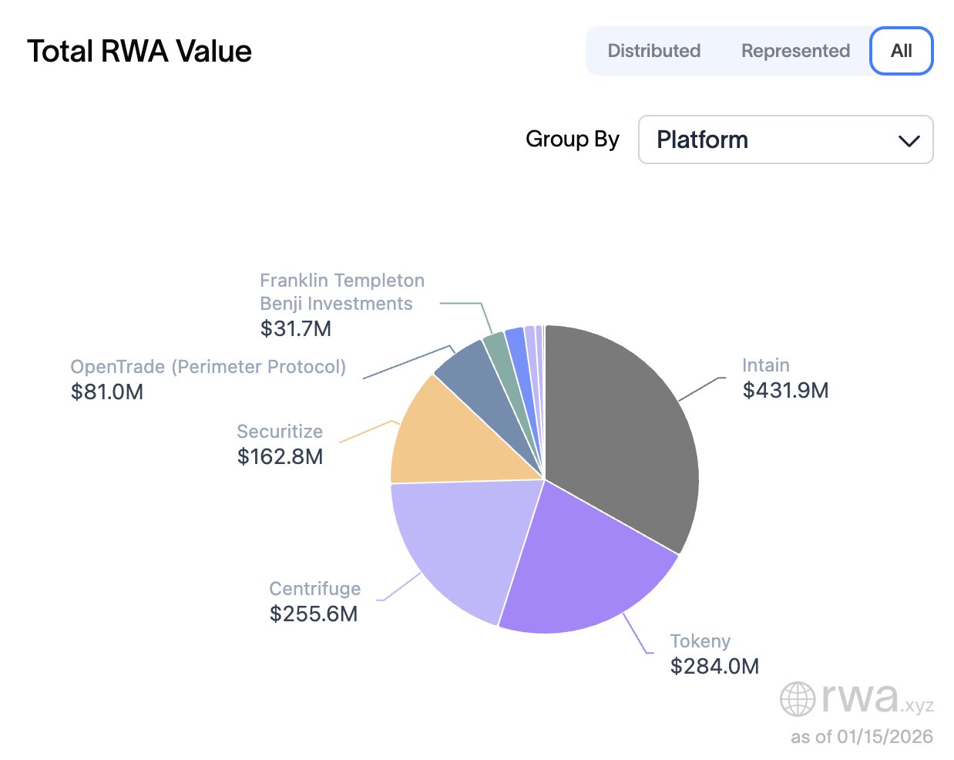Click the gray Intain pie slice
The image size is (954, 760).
[624, 432]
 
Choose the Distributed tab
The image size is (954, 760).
[653, 51]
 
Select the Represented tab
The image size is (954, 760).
[795, 51]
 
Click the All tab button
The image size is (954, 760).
[901, 51]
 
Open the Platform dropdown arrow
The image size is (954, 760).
[909, 140]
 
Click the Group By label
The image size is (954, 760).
[572, 140]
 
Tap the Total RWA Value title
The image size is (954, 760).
[139, 52]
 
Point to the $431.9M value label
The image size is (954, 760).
[785, 390]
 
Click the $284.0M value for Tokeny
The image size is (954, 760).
[714, 666]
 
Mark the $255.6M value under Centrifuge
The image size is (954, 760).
[314, 614]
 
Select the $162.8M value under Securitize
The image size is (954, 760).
[280, 456]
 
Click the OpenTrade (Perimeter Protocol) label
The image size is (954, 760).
[208, 367]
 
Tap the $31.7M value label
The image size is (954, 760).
[296, 328]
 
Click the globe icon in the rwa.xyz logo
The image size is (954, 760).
[798, 699]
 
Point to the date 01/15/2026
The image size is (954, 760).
[885, 737]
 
